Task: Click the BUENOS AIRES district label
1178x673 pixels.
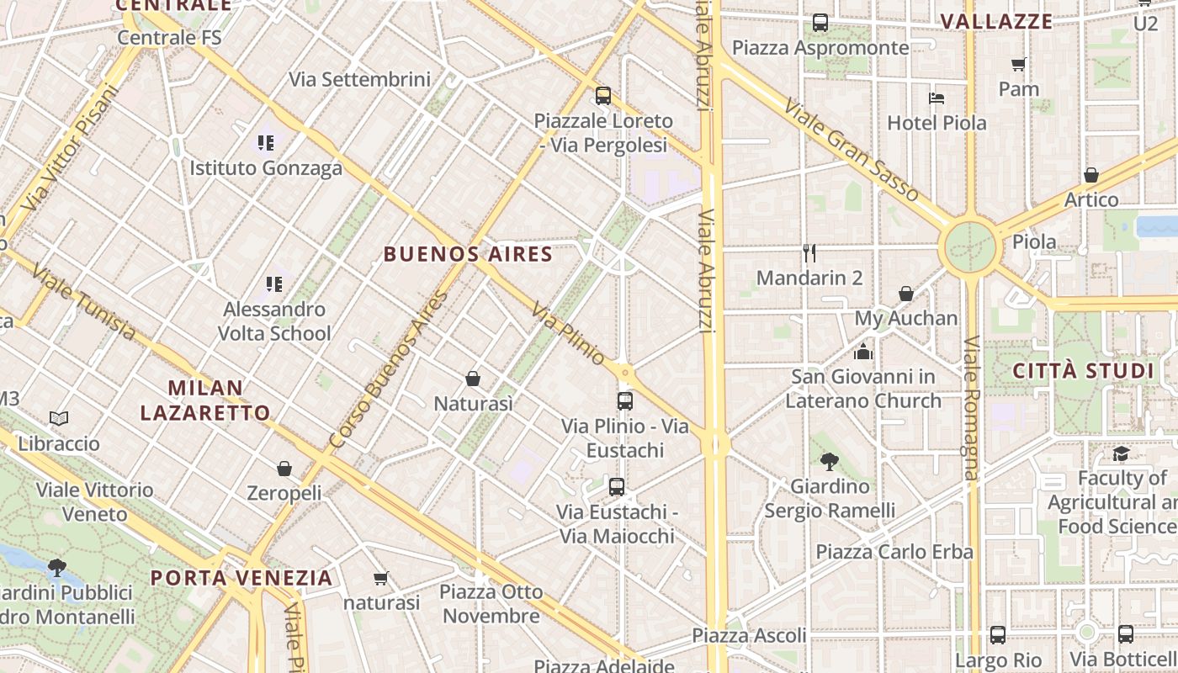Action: point(468,254)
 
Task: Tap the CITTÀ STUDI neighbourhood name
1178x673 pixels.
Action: point(1083,371)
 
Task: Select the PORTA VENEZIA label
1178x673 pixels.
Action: point(241,578)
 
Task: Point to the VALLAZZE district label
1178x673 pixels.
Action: point(996,22)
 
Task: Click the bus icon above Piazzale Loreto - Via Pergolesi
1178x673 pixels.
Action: point(602,96)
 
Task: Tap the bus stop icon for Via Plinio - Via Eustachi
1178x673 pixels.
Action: point(624,401)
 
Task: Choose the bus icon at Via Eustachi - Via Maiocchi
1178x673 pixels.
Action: point(617,486)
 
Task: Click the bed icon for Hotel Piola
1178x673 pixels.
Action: point(937,98)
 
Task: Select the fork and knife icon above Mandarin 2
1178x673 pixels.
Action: point(809,253)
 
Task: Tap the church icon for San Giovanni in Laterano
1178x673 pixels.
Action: point(863,352)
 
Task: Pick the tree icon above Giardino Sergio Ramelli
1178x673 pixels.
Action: point(829,461)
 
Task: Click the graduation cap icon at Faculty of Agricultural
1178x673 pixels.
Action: point(1121,454)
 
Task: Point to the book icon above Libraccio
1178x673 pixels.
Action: point(59,418)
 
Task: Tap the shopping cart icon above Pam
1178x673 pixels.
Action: point(1018,64)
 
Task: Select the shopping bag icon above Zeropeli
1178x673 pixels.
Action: point(284,469)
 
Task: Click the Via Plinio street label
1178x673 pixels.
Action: point(568,336)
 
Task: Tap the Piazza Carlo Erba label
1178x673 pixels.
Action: point(894,553)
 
